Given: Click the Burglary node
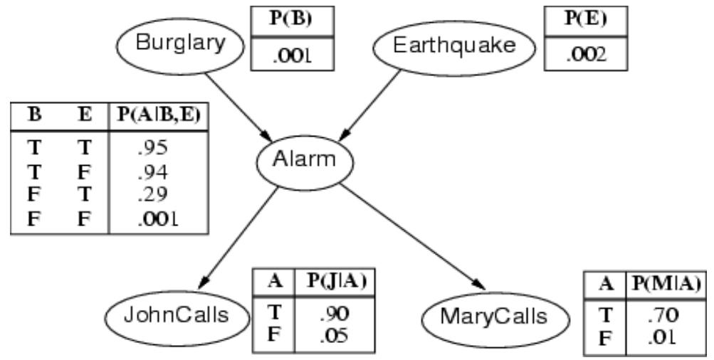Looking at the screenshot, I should (x=180, y=45).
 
